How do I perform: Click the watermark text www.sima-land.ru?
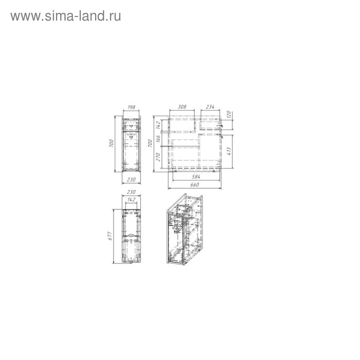tap(66, 16)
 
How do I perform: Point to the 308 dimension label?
tap(181, 107)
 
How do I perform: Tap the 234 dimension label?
tap(209, 107)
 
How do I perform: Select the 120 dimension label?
tap(230, 114)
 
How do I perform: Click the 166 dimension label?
tap(159, 138)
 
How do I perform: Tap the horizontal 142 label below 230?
tap(131, 199)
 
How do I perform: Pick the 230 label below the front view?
tap(131, 179)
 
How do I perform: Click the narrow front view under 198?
tap(131, 144)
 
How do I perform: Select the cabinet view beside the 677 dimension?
tap(131, 235)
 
